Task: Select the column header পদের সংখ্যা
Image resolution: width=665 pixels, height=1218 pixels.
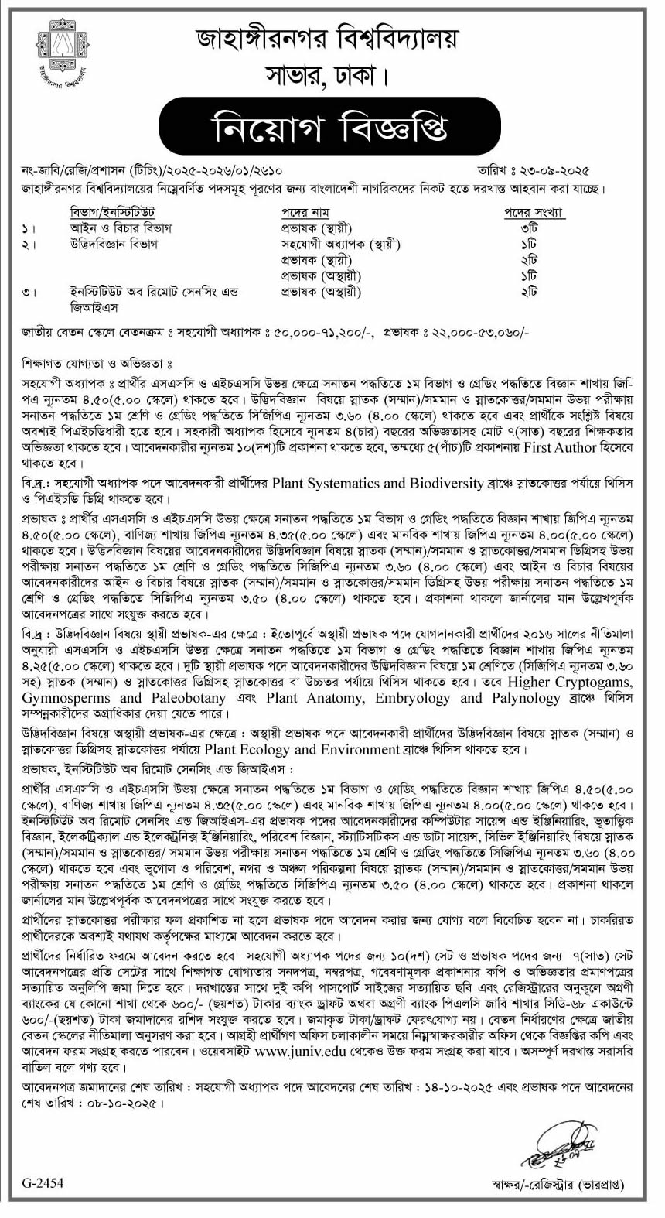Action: [534, 212]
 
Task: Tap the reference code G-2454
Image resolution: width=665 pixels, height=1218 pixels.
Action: [43, 1182]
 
